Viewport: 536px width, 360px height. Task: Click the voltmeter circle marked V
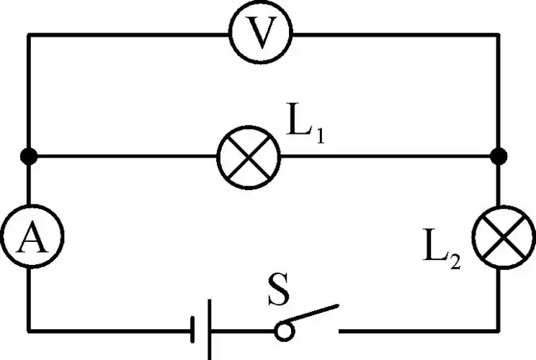pos(259,33)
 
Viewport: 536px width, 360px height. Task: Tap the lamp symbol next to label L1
pos(249,156)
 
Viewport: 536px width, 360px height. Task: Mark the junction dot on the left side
pos(28,156)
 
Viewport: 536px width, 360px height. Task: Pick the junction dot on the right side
pos(498,156)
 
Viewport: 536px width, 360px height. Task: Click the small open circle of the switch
pos(283,330)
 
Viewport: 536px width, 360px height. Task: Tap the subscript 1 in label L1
pos(318,135)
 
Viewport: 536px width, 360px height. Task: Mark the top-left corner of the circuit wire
pos(28,34)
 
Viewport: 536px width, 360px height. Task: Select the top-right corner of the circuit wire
pos(498,34)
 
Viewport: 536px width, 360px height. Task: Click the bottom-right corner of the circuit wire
pos(498,331)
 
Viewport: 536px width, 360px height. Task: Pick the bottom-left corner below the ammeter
pos(28,331)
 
